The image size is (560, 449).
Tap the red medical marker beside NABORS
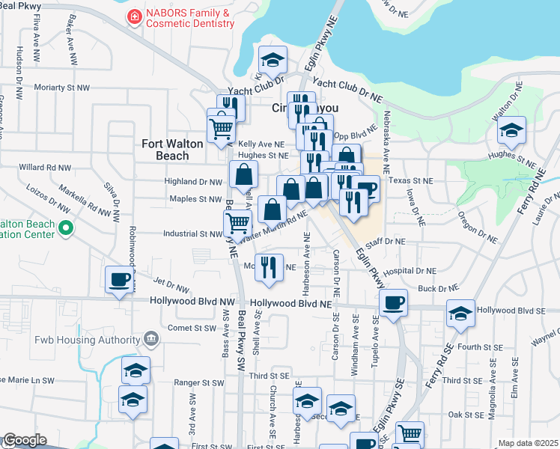[134, 16]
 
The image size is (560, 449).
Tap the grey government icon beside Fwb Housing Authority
[150, 340]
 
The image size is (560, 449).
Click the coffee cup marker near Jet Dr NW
[119, 281]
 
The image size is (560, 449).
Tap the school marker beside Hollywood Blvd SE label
[460, 314]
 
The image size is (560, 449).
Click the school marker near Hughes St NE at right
[511, 131]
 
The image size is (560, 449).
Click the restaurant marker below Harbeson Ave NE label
[270, 267]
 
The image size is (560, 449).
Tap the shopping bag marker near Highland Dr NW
[244, 175]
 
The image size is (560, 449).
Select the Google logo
[25, 440]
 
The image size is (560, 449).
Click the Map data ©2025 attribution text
[528, 443]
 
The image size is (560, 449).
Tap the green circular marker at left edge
[66, 228]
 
